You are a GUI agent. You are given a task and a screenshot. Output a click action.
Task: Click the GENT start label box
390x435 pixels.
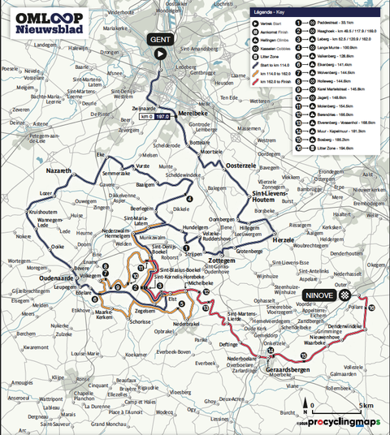tap(160, 39)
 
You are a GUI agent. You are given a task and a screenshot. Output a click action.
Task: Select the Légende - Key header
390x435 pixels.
tap(276, 13)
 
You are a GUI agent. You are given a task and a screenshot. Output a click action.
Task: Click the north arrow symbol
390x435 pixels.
tap(305, 405)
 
